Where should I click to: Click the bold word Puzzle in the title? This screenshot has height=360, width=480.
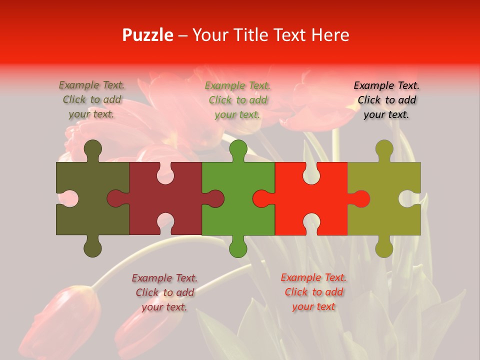148,35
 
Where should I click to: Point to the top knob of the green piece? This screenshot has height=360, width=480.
238,149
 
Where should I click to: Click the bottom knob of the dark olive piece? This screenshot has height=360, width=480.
92,247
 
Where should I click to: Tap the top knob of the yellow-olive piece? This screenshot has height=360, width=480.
384,149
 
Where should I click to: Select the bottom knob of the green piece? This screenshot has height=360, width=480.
238,247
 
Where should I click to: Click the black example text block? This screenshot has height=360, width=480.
386,100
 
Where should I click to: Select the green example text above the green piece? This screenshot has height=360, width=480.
238,100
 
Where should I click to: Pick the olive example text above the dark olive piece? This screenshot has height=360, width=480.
92,100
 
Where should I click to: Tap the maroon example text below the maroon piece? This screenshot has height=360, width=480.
164,292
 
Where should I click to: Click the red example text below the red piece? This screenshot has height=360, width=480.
313,292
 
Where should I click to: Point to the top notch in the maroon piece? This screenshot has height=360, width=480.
165,173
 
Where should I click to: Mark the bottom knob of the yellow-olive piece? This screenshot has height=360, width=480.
384,247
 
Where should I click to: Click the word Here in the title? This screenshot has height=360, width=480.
329,35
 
